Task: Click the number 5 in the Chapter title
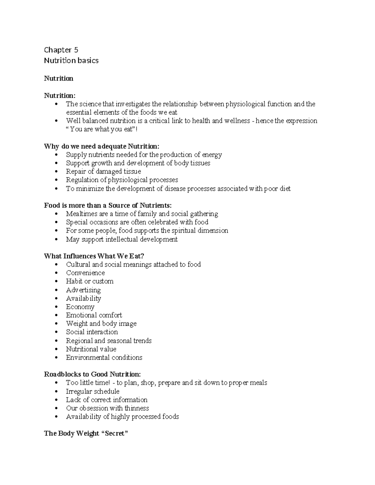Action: click(76, 50)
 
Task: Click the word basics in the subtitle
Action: click(88, 61)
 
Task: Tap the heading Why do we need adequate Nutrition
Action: click(102, 146)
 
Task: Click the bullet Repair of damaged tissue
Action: click(103, 171)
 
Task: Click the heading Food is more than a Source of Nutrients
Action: click(108, 205)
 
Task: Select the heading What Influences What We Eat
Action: click(94, 256)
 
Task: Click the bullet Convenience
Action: click(85, 273)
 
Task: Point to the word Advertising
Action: click(83, 290)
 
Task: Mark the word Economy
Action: click(80, 307)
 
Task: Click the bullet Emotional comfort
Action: click(94, 315)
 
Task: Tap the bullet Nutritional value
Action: click(91, 349)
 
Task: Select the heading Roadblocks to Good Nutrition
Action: click(92, 374)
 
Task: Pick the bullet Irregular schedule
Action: click(92, 392)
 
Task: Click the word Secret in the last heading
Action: click(115, 433)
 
